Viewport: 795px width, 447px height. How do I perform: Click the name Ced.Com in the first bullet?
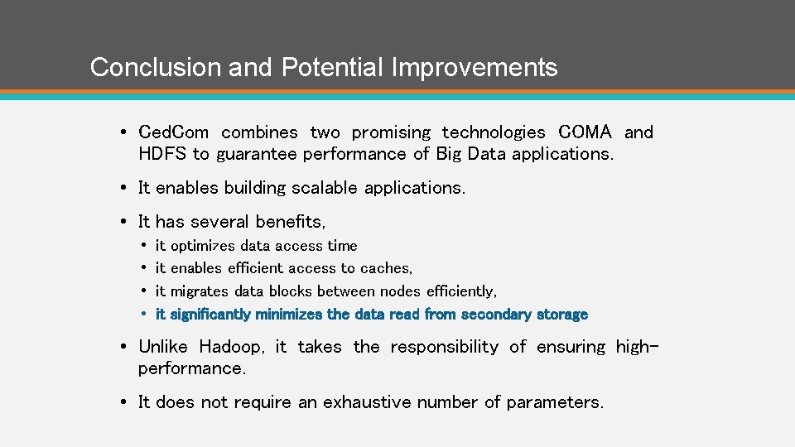(174, 132)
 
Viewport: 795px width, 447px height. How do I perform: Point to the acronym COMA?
(585, 132)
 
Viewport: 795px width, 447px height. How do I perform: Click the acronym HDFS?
(162, 154)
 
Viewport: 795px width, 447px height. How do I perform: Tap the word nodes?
(401, 291)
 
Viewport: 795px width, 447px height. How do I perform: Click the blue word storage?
(561, 315)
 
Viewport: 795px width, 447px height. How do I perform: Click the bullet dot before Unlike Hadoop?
(122, 347)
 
